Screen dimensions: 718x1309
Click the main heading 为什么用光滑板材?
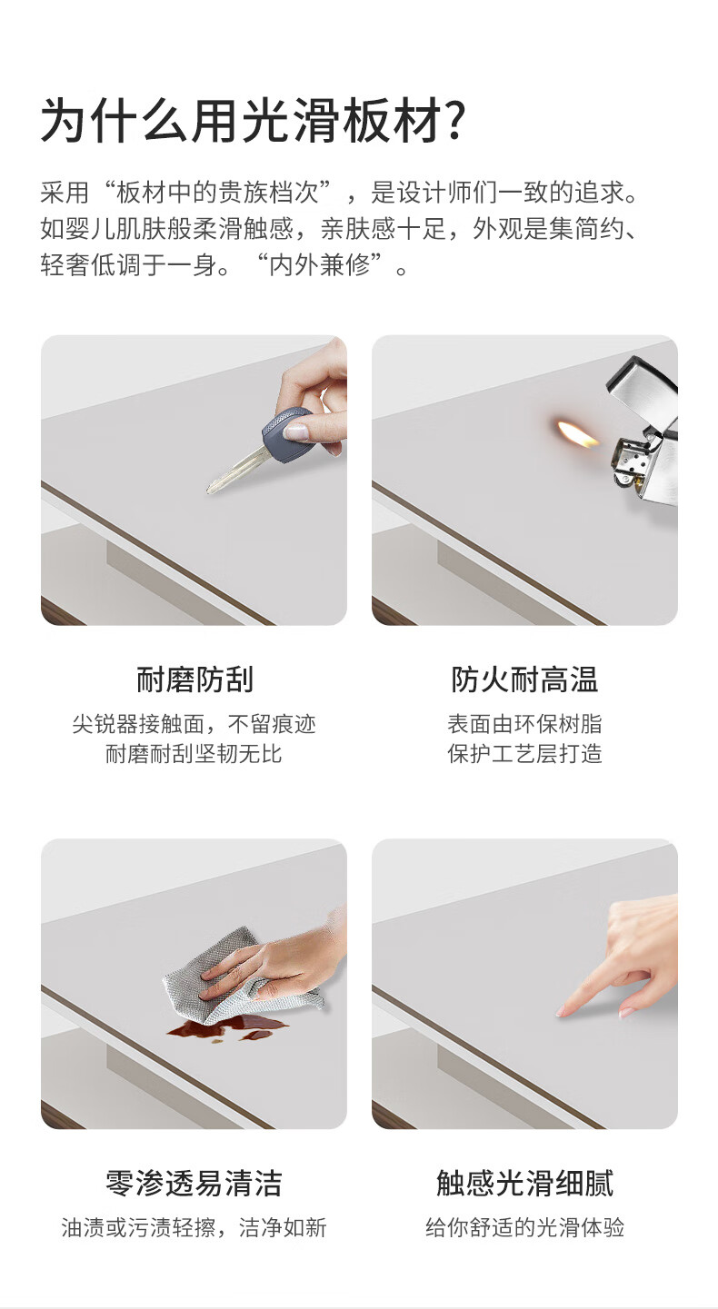(x=254, y=121)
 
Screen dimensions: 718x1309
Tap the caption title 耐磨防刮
(x=194, y=679)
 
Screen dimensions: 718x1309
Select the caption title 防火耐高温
(x=524, y=679)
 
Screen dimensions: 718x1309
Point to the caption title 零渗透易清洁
(x=194, y=1184)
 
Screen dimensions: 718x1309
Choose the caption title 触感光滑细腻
(x=524, y=1184)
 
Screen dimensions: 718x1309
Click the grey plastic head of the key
(x=285, y=434)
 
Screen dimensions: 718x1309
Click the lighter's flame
(x=576, y=433)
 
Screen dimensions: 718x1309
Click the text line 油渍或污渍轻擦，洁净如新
(x=194, y=1228)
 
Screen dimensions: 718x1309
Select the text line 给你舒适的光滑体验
(x=524, y=1228)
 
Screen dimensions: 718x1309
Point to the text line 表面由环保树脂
(x=524, y=724)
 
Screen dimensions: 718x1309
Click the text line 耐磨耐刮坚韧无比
(x=194, y=754)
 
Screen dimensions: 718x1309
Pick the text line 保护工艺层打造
(x=524, y=754)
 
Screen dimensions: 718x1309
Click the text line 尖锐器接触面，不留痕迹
(x=194, y=724)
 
